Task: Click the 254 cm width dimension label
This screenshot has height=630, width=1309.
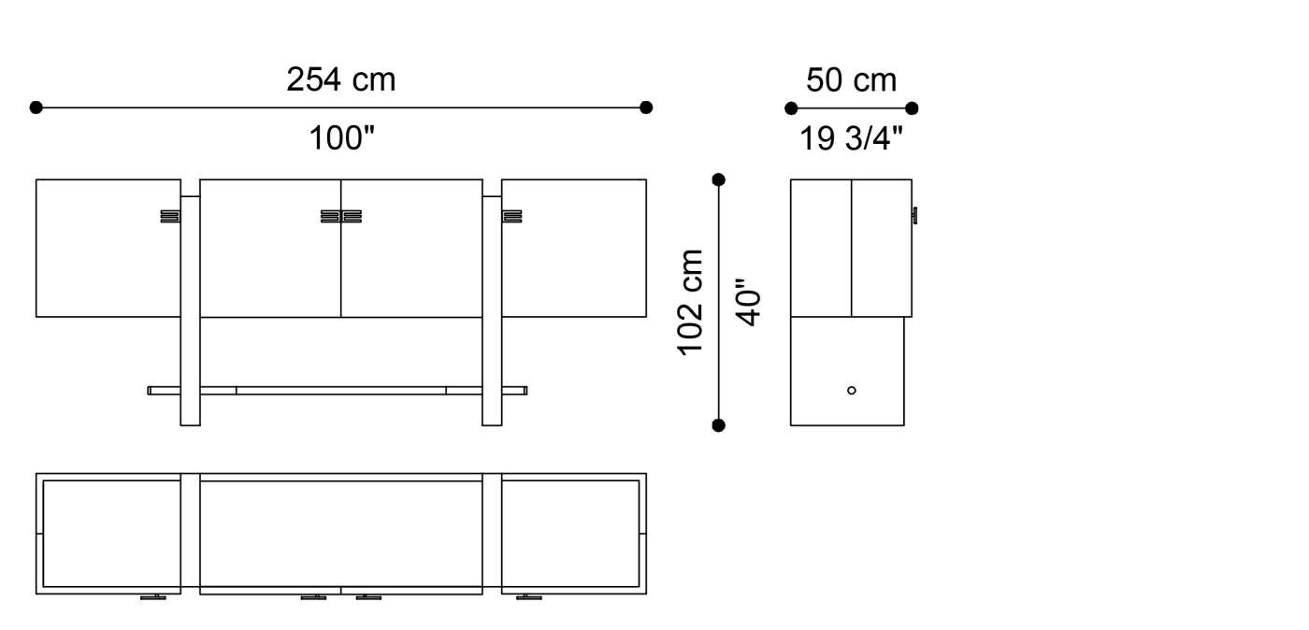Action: coord(340,80)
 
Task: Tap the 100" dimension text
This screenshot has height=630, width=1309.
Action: coord(341,139)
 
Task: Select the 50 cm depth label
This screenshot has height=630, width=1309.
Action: coord(851,80)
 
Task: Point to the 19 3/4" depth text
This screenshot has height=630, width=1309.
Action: coord(851,139)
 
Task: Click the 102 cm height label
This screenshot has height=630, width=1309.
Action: coord(691,302)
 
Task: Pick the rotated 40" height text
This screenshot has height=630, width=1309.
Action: coord(749,302)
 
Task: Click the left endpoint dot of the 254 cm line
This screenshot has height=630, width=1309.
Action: coord(36,107)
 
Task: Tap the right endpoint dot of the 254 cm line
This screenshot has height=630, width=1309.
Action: coord(646,107)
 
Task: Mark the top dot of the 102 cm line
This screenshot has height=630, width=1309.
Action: coord(718,179)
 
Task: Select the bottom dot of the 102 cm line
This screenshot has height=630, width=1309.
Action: coord(718,425)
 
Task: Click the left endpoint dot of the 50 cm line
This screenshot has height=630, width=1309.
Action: coord(791,108)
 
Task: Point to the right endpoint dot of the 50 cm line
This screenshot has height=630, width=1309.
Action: coord(912,108)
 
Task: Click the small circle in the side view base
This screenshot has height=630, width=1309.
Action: coord(851,390)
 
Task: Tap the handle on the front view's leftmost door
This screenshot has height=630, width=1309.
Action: coord(169,217)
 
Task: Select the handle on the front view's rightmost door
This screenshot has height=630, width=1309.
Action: coord(511,217)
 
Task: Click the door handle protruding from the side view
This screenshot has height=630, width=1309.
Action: coord(915,216)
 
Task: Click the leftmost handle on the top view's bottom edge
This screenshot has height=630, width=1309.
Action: coord(153,596)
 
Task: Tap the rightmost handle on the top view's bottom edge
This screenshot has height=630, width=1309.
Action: coord(529,596)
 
